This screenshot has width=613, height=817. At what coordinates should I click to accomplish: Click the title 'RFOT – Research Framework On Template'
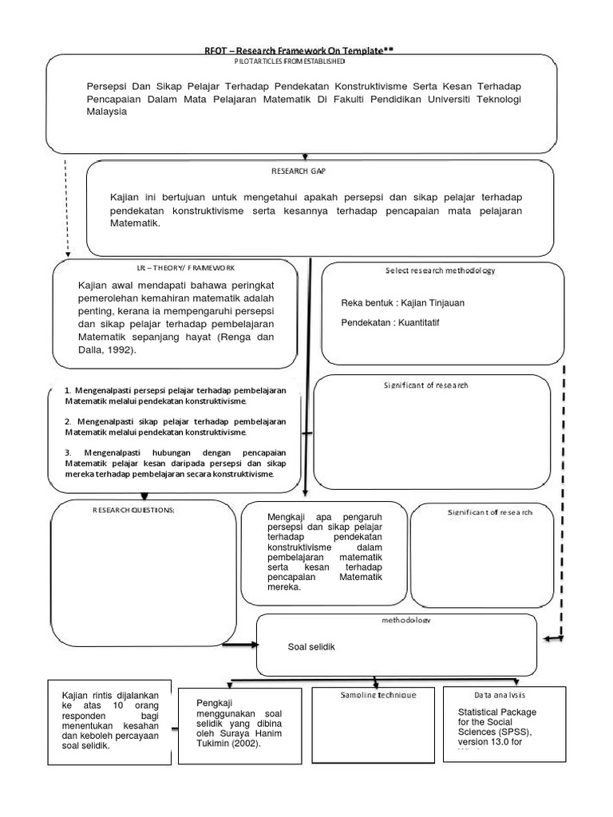click(298, 50)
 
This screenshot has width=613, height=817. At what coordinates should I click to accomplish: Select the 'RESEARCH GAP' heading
click(299, 171)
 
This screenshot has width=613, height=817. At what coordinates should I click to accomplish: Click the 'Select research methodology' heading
click(439, 270)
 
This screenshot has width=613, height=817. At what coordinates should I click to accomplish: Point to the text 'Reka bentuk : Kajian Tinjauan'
click(402, 303)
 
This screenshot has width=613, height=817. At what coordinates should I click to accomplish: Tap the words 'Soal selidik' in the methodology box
click(312, 646)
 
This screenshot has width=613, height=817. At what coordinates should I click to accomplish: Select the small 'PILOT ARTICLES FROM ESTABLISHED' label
click(290, 61)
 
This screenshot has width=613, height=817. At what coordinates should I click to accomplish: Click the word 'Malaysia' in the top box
click(106, 112)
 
